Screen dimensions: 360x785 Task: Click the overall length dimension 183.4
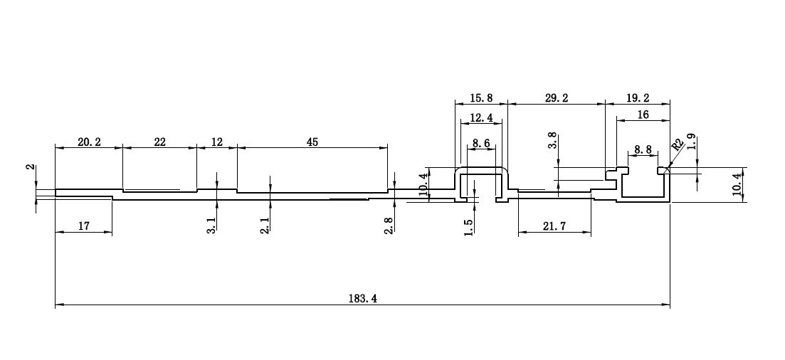tap(363, 299)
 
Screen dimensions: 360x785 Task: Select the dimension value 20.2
tap(89, 142)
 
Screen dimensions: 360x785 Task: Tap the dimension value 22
tap(159, 142)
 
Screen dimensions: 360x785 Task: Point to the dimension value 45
tap(312, 142)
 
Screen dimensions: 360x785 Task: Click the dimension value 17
tap(83, 226)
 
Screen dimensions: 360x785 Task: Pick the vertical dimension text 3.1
tap(211, 227)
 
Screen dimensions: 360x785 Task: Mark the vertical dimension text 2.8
tap(389, 226)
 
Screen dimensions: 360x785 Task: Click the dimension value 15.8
tap(481, 98)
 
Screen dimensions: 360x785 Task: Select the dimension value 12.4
tap(481, 117)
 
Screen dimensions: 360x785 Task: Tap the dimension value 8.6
tap(481, 143)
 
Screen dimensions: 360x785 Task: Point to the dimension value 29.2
tap(557, 98)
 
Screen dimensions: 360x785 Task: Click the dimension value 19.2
tap(638, 98)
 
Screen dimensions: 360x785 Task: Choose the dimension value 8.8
tap(642, 150)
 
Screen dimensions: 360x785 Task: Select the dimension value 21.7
tap(554, 226)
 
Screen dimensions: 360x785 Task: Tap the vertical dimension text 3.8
tap(553, 139)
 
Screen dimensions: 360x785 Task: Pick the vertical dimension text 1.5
tap(468, 228)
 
